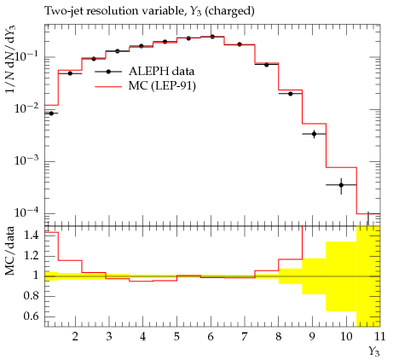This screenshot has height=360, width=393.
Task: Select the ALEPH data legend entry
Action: (145, 72)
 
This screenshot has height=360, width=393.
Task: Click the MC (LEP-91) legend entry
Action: (145, 86)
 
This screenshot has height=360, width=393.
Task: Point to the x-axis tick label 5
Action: (176, 337)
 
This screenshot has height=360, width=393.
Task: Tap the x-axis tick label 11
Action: (379, 337)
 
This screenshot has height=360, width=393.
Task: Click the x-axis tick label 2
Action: (75, 337)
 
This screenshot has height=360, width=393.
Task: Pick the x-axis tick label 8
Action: (278, 337)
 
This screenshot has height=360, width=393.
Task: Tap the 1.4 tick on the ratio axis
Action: (31, 235)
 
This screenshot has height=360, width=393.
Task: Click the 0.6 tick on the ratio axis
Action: (31, 316)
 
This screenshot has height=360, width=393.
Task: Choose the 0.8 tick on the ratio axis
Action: (31, 296)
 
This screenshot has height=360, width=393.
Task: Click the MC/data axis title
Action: (10, 251)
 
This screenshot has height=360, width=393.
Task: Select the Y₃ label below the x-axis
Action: (374, 351)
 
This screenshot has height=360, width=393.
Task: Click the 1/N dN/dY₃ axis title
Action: (10, 59)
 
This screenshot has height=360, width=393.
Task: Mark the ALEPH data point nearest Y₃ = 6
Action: (212, 37)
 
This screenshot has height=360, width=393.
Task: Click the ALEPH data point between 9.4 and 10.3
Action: (341, 185)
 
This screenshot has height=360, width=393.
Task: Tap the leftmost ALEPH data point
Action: (51, 113)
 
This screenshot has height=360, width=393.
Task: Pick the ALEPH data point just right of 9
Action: (314, 134)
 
